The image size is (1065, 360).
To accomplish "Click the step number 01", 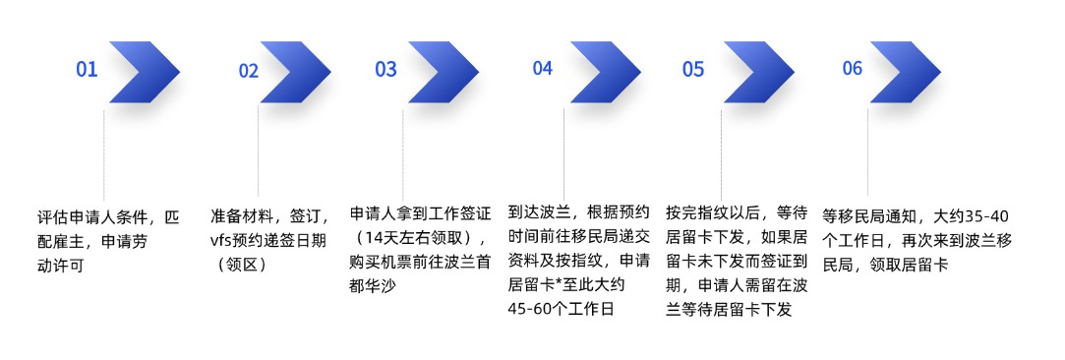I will pyautogui.click(x=88, y=70).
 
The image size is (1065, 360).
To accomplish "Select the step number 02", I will pyautogui.click(x=248, y=72).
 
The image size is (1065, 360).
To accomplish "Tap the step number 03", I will pyautogui.click(x=385, y=70).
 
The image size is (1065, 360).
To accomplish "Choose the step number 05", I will pyautogui.click(x=693, y=70).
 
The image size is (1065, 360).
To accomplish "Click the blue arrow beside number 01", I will pyautogui.click(x=144, y=72).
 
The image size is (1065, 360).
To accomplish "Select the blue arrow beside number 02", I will pyautogui.click(x=295, y=72).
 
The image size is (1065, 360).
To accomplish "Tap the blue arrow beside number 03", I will pyautogui.click(x=443, y=72).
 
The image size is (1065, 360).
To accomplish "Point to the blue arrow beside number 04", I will pyautogui.click(x=605, y=72).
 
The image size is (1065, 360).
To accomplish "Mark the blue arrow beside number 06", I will pyautogui.click(x=905, y=72).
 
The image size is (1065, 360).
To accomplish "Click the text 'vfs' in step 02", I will pyautogui.click(x=220, y=241).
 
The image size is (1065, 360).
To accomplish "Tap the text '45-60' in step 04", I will pyautogui.click(x=530, y=310).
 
